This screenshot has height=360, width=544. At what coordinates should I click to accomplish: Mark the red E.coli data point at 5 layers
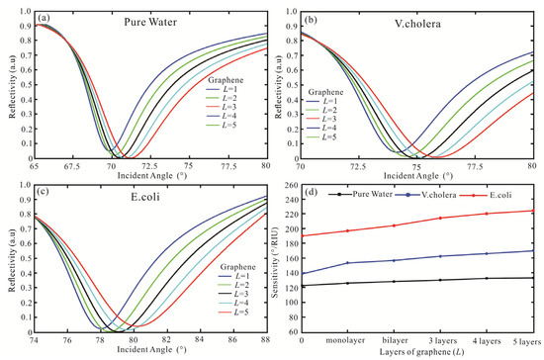(534, 211)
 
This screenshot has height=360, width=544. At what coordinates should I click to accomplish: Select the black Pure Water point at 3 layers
(441, 280)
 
